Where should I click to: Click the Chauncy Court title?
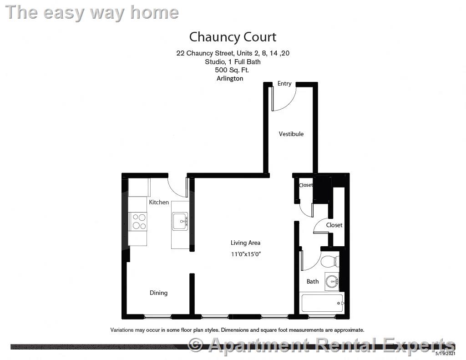click(233, 36)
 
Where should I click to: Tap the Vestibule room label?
click(291, 134)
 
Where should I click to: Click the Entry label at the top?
click(284, 83)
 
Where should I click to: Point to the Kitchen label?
click(159, 202)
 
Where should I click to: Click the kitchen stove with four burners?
click(138, 222)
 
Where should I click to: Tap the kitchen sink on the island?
click(180, 222)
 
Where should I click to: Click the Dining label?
click(158, 293)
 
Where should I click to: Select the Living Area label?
click(245, 243)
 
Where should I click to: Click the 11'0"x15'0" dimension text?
click(246, 254)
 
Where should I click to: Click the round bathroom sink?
click(332, 281)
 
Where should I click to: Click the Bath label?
click(312, 281)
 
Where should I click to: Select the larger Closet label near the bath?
click(334, 225)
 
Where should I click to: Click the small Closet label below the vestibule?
click(305, 185)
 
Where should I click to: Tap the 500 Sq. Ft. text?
click(232, 70)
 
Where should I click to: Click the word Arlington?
click(230, 78)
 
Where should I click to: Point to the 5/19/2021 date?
click(445, 353)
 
